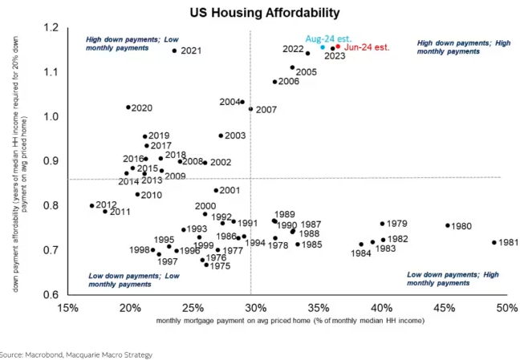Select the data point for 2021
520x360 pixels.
(174, 51)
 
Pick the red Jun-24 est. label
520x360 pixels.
(368, 47)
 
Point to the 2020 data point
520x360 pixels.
(128, 107)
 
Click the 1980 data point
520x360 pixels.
(448, 225)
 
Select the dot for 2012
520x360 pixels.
(92, 205)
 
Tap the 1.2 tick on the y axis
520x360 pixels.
(51, 29)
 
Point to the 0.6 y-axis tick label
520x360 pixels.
(51, 295)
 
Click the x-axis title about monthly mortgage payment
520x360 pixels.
(290, 321)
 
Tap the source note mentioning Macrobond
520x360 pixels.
(75, 354)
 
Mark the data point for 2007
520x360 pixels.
(251, 109)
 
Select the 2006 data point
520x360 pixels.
(274, 82)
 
